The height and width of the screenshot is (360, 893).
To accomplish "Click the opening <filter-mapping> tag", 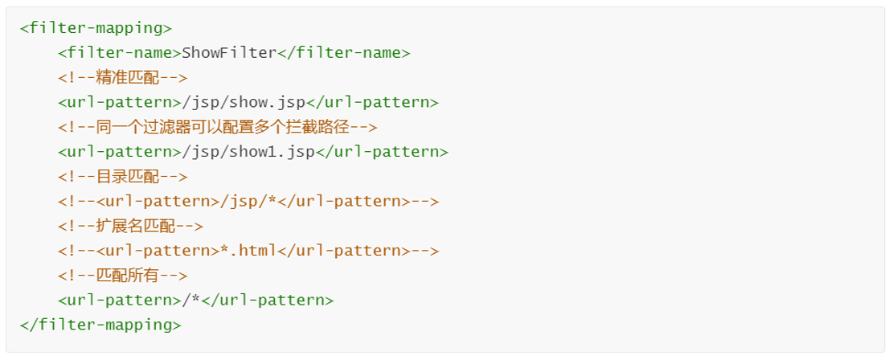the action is pos(96,28).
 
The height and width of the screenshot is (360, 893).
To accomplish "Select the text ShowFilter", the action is pos(229,53).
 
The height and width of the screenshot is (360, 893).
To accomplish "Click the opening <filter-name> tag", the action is pos(120,53).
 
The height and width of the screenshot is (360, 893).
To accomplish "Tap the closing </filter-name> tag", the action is pos(344,53).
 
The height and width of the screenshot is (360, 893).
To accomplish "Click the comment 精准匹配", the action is pos(122,78).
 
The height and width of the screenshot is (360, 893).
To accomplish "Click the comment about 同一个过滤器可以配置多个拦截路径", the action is pos(217,127).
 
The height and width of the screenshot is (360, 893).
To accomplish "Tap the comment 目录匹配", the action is pos(122,177).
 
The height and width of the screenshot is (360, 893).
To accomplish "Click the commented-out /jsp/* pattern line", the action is pos(248,202).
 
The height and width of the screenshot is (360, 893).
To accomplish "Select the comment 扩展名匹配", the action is pos(130,227).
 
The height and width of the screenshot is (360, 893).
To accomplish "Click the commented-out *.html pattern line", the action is pos(248,251).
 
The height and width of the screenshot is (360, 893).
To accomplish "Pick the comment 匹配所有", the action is pos(122,276).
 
